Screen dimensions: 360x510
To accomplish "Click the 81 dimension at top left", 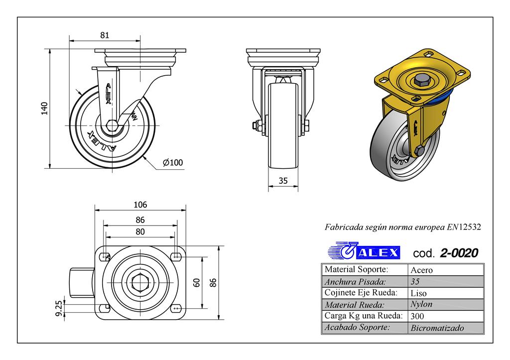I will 105,35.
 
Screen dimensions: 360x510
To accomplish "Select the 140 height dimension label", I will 44,108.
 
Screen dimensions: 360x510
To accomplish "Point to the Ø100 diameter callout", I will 173,162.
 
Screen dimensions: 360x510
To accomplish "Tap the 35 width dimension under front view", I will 283,181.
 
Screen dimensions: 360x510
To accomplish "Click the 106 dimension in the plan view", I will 140,205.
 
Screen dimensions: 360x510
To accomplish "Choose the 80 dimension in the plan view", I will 140,232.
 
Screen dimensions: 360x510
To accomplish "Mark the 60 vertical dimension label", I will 196,282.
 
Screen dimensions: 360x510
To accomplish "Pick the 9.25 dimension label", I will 59,308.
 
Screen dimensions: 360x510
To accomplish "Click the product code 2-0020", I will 459,253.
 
